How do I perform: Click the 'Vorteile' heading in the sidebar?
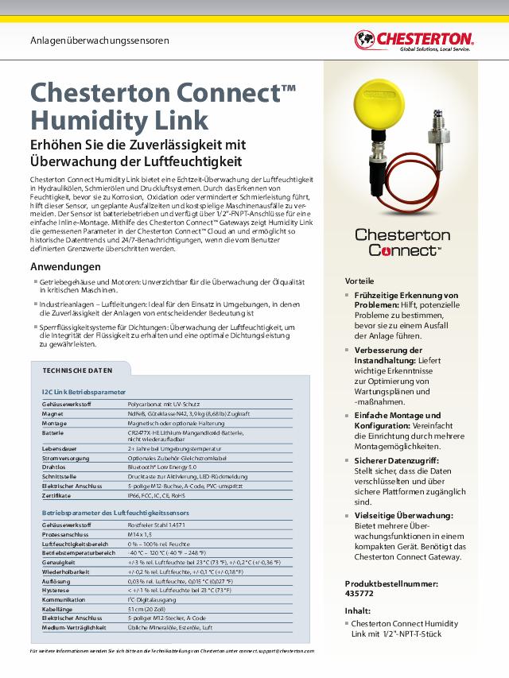[361, 281]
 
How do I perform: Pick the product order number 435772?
[360, 594]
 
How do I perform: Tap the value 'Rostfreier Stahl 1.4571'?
[161, 525]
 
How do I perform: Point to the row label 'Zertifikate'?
[56, 494]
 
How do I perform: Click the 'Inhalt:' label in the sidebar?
[358, 611]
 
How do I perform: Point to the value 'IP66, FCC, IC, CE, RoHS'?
[161, 494]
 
